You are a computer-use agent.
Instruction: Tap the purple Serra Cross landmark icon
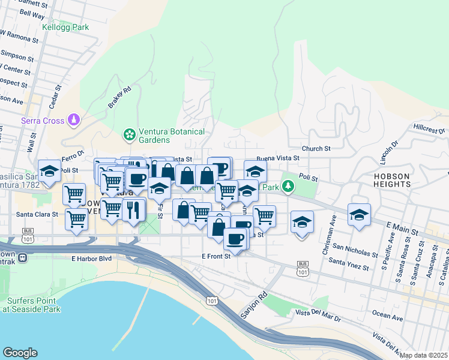tap(74, 121)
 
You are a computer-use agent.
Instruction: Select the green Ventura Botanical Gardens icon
tap(128, 135)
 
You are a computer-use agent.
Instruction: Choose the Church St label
tap(316, 148)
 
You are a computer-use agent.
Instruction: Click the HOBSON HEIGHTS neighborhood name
tap(391, 181)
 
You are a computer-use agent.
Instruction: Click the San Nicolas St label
tap(355, 250)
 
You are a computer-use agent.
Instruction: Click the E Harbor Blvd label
tap(92, 259)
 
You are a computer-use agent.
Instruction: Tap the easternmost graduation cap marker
tap(359, 214)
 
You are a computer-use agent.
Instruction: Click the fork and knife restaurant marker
tap(134, 209)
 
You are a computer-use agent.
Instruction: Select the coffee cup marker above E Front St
tap(235, 238)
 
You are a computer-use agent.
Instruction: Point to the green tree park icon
tap(289, 187)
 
